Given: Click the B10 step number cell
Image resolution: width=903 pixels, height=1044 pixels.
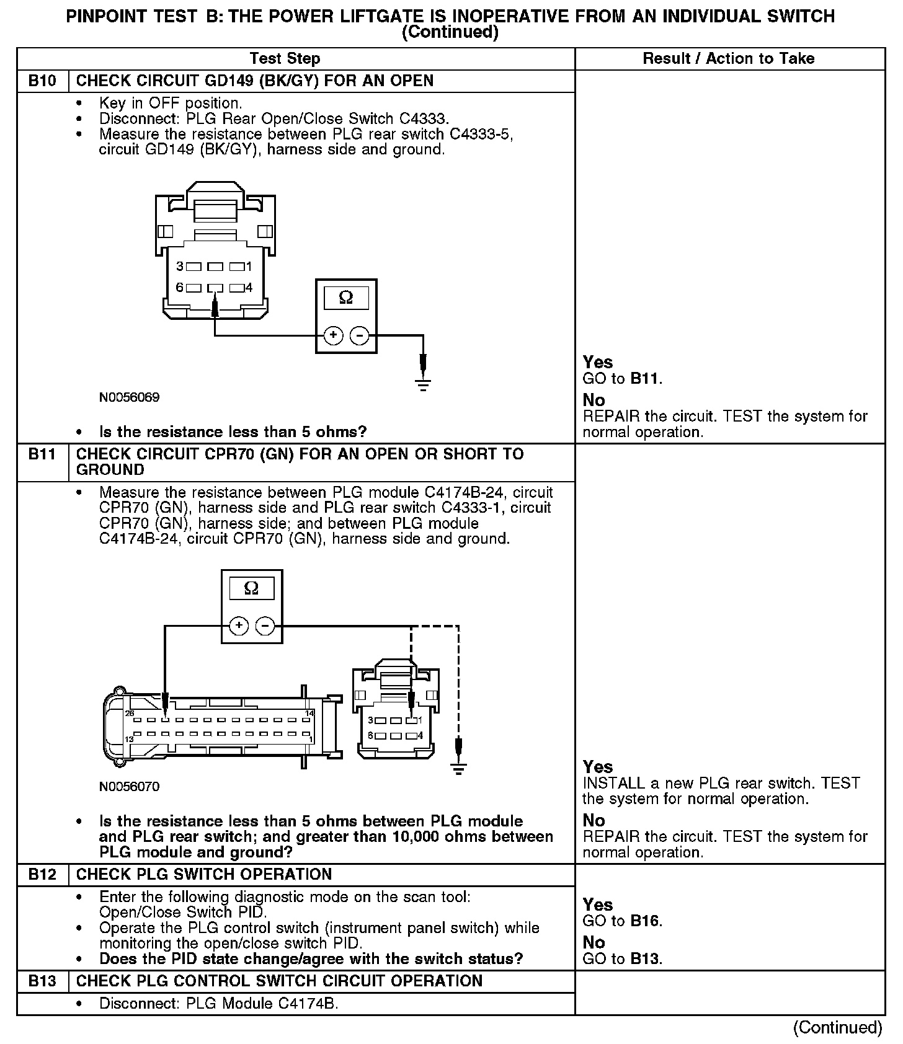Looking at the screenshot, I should (x=42, y=81).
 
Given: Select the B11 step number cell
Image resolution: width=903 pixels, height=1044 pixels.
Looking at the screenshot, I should (x=42, y=454).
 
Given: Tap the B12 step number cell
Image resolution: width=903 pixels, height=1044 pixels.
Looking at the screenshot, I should (x=42, y=875).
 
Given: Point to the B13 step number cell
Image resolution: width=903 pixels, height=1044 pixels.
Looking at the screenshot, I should (x=42, y=981).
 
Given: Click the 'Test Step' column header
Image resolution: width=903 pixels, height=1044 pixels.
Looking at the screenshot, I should (x=285, y=59).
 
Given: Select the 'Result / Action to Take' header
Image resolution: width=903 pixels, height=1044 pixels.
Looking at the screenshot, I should (x=729, y=59).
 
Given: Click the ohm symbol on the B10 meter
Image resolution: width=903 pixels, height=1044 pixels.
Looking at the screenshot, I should (x=346, y=298).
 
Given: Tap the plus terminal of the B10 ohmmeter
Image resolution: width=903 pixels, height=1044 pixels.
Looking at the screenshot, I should (x=333, y=336).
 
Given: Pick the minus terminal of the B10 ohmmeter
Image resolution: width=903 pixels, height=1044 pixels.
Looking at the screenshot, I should (x=359, y=336).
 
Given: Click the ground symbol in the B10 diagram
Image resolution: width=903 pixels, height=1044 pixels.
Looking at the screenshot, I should (x=423, y=384).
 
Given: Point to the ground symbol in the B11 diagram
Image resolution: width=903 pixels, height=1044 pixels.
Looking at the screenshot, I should (x=459, y=769).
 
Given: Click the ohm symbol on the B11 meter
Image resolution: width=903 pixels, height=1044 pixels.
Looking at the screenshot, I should (x=251, y=588).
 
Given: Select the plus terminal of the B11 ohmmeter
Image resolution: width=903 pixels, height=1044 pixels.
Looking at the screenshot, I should (x=239, y=626).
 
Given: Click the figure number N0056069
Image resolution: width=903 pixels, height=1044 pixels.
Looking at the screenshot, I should (x=129, y=397).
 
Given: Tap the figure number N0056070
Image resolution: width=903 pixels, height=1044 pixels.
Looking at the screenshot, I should (x=129, y=787).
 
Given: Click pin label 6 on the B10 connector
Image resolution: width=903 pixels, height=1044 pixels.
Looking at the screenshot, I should (x=179, y=288).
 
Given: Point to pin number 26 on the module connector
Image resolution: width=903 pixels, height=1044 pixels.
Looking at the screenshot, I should (x=130, y=714).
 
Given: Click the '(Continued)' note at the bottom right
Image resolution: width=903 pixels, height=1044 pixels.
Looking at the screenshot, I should (x=837, y=1027).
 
